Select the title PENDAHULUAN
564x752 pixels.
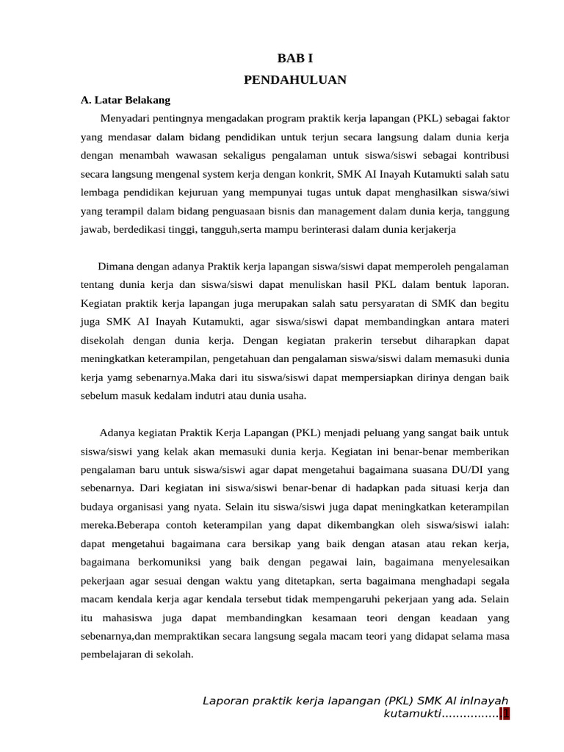(294, 80)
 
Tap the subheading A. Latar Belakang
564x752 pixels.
(125, 100)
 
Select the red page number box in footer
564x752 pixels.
(505, 714)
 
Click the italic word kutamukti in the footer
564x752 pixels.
(411, 714)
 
